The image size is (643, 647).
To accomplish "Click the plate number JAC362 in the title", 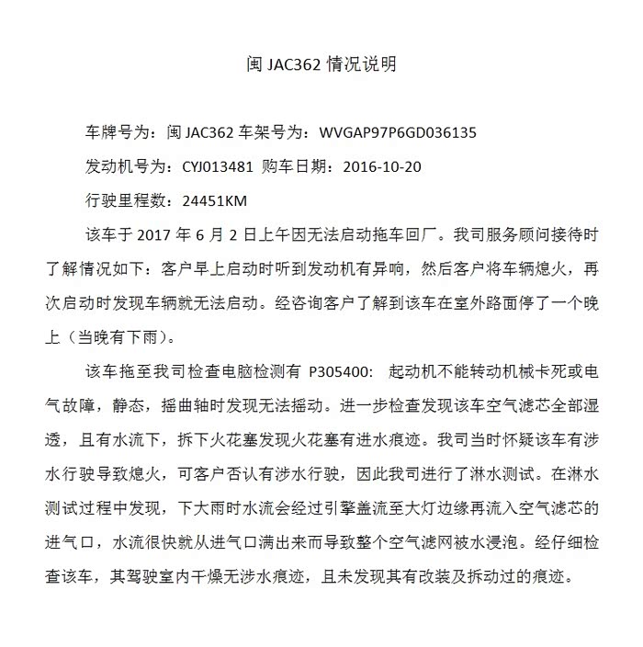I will (x=292, y=64).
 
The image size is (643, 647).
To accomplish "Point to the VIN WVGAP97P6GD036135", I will (x=398, y=132).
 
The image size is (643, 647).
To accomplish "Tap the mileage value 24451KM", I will (x=215, y=200).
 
